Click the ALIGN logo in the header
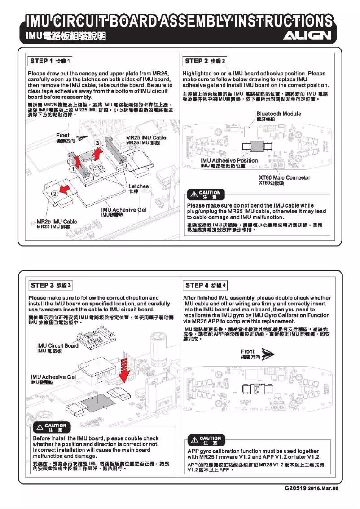click(309, 36)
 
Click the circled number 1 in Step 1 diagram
click(72, 169)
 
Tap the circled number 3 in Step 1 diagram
click(97, 143)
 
